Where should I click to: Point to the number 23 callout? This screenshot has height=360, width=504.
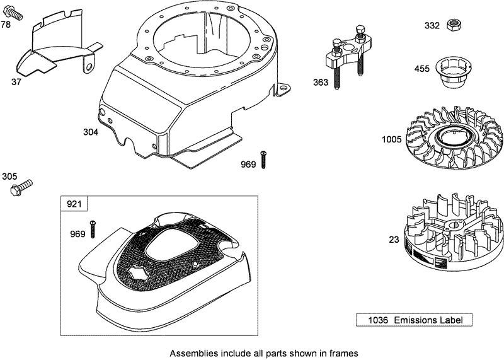tap(394, 240)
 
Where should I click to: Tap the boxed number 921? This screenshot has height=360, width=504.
tap(74, 204)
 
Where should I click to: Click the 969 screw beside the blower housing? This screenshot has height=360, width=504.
tap(263, 160)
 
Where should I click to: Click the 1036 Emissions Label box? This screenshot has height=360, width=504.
tap(413, 320)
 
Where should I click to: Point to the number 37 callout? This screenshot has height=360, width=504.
tap(17, 81)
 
